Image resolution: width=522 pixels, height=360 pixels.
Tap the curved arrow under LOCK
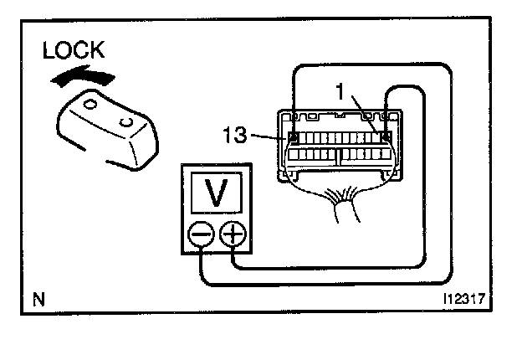coord(80,78)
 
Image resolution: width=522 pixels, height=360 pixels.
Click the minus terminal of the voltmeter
coord(202,236)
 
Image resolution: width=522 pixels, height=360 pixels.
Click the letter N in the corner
coord(38,298)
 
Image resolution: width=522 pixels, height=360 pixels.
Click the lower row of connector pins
coord(339,155)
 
